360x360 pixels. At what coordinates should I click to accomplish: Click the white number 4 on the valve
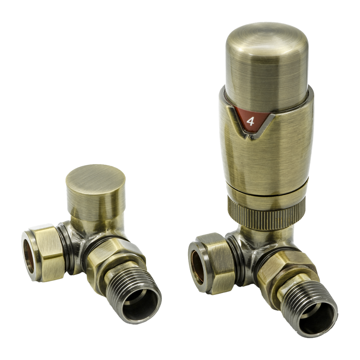pos(250,121)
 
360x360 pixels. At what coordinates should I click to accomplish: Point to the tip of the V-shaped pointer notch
pos(247,139)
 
